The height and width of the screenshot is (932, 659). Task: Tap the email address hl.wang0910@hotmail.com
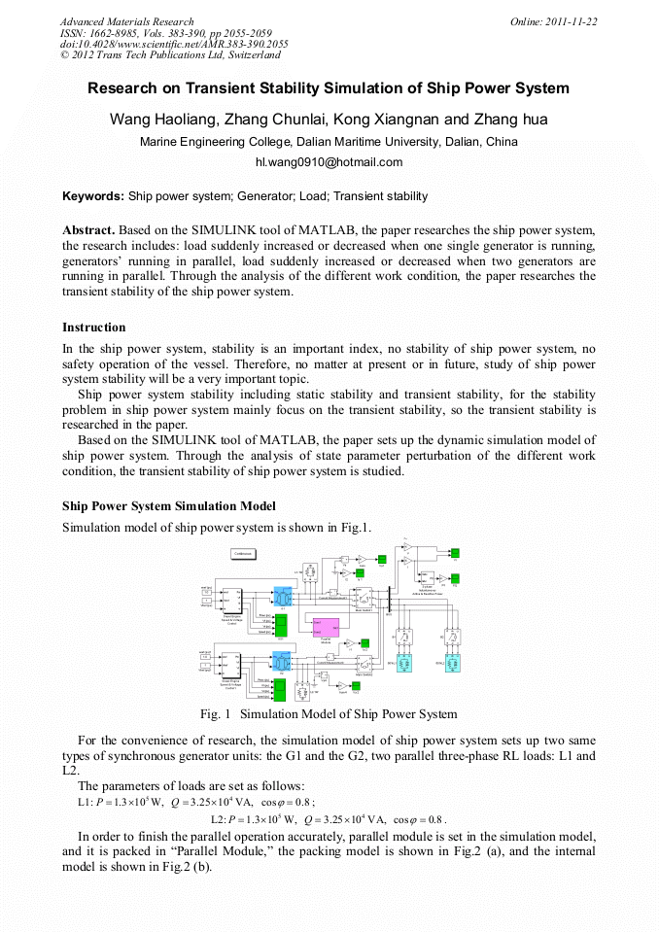(329, 162)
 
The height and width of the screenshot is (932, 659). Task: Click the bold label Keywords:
(93, 196)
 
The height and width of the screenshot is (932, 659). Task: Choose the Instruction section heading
(94, 328)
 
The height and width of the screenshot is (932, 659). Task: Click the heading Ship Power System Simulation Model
(169, 506)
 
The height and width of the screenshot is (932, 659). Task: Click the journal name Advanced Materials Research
(127, 21)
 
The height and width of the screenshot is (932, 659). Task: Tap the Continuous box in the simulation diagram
(243, 553)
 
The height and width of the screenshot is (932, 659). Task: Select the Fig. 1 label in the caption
(215, 714)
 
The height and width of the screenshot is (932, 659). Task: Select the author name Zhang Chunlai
(275, 121)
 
